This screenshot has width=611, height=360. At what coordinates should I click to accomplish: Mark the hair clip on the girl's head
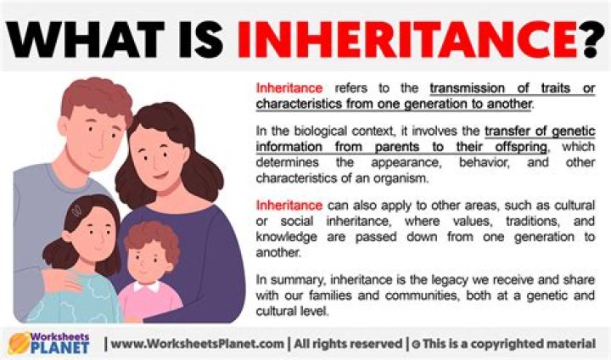pos(76,208)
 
